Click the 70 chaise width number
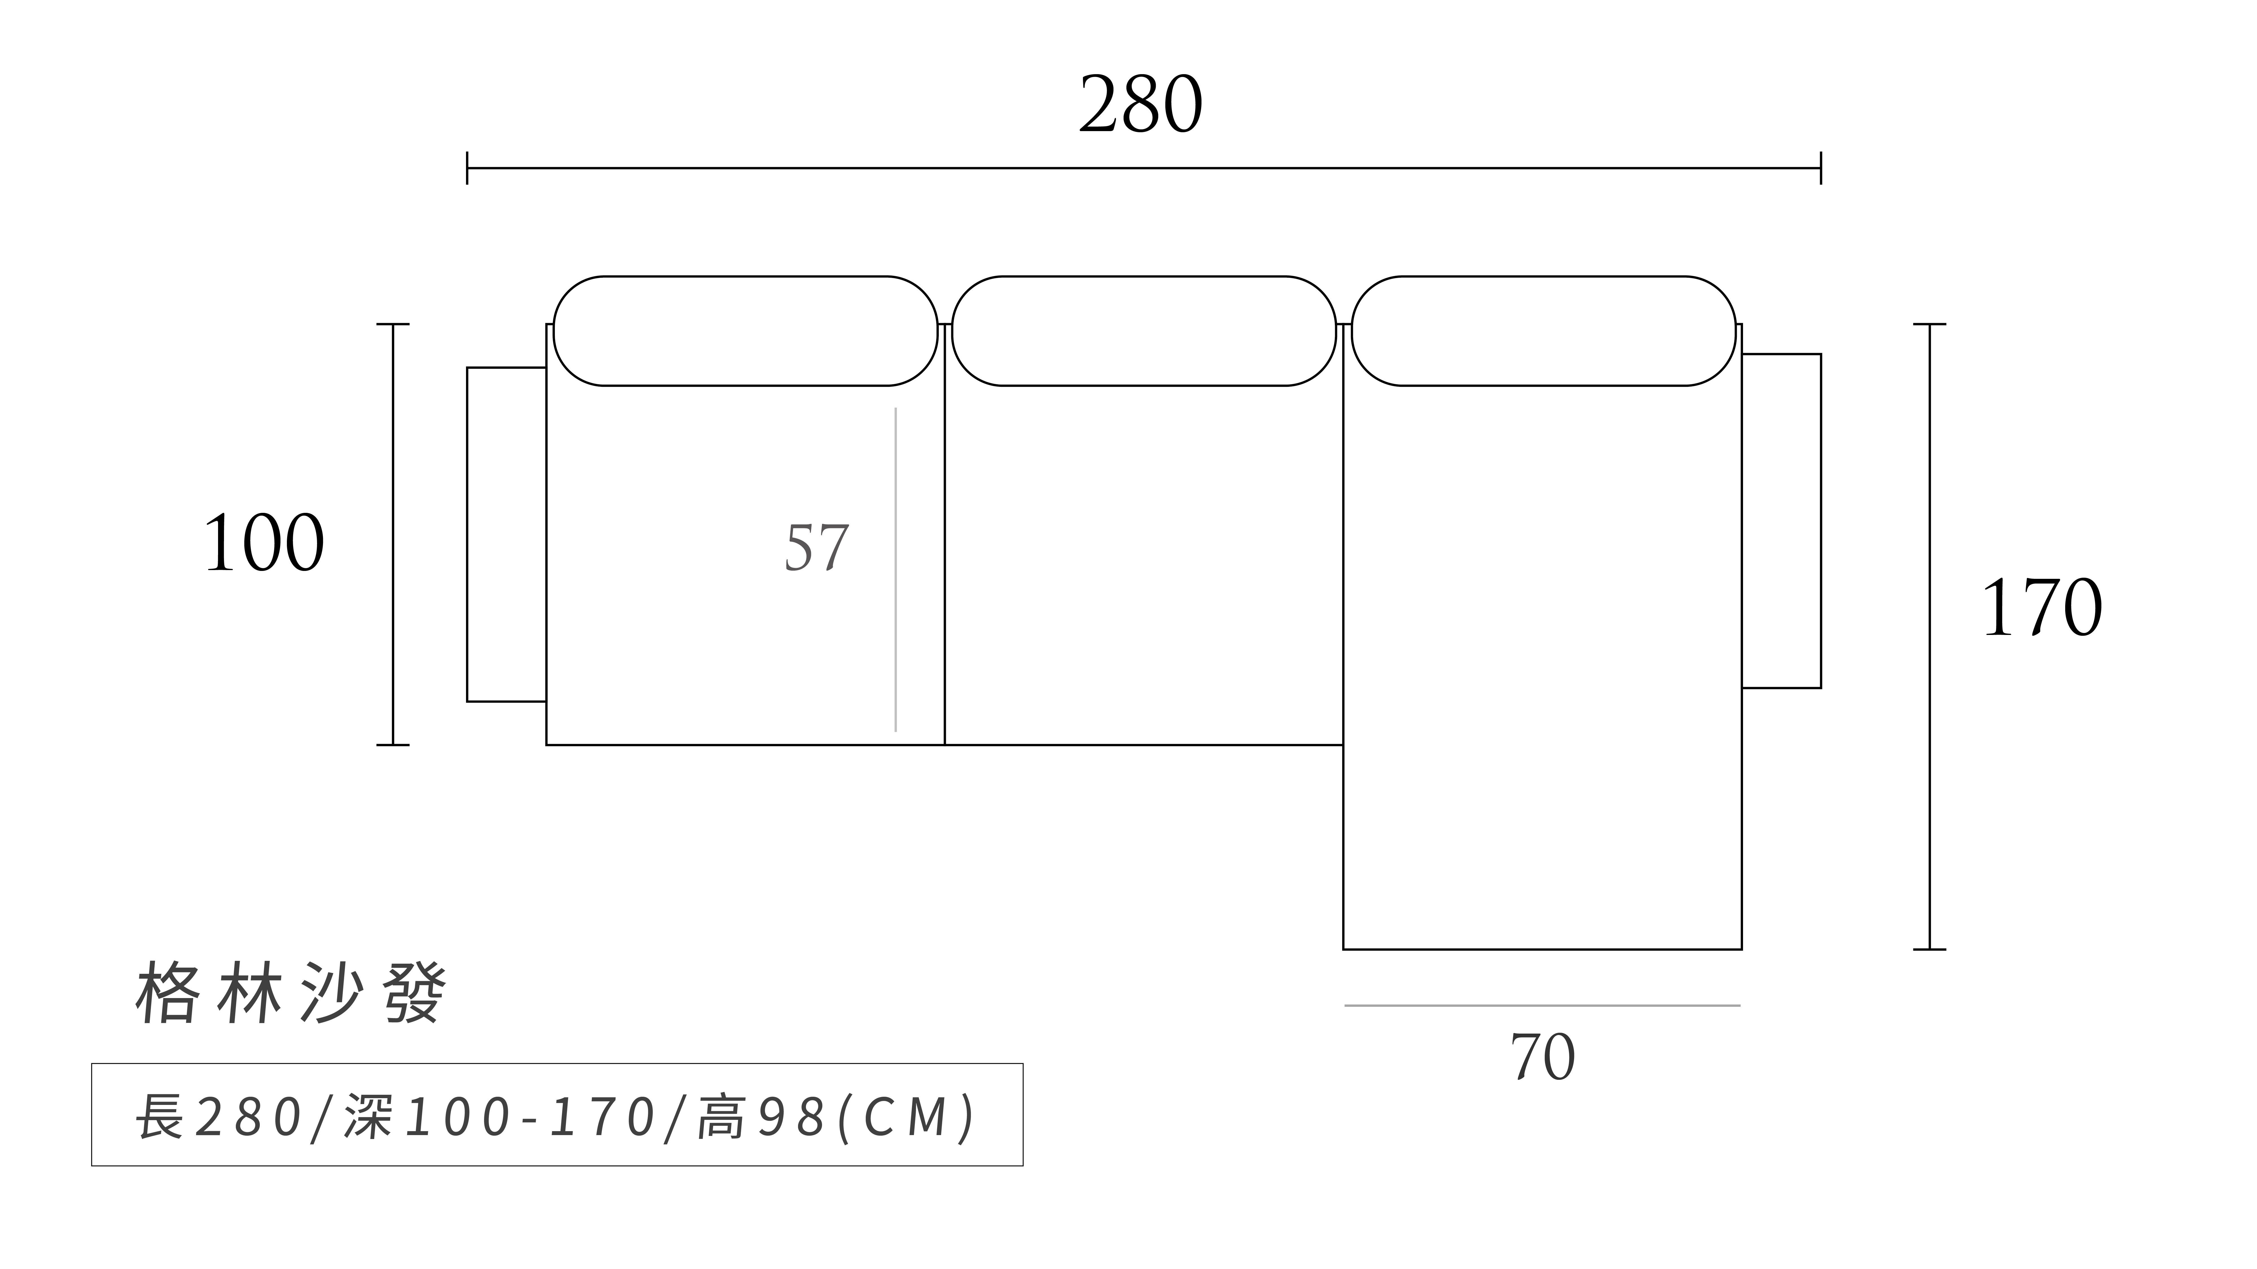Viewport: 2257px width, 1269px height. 1542,1058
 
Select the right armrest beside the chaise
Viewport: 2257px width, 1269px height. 1781,521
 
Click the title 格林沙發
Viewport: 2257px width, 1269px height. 291,994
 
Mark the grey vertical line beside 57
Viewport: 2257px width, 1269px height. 895,569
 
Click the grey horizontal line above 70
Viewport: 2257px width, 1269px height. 1542,1005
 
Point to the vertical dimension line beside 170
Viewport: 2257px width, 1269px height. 1929,637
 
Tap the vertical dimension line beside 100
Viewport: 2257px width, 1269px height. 392,534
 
